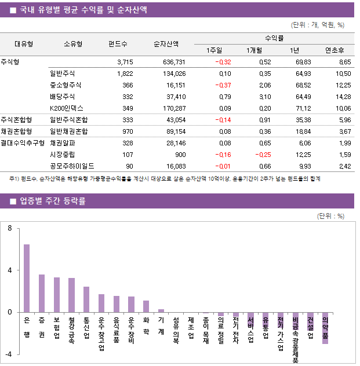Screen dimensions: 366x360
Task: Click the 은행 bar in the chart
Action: [27, 278]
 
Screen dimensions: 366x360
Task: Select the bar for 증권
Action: [42, 293]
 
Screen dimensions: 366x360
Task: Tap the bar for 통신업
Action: [86, 299]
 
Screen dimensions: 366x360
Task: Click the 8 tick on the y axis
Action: [9, 228]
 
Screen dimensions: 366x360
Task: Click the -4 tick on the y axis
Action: [8, 354]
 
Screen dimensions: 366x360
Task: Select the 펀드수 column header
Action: [118, 44]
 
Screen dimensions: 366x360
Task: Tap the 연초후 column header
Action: [334, 50]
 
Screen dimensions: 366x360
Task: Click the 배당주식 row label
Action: [62, 97]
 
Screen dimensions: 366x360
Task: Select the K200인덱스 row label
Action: [67, 108]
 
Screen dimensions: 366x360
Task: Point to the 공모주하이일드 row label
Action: [72, 166]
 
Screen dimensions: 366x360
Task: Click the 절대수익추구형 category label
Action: [23, 142]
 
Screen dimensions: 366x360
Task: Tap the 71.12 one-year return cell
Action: [303, 108]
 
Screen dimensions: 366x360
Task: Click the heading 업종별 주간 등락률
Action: [52, 202]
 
